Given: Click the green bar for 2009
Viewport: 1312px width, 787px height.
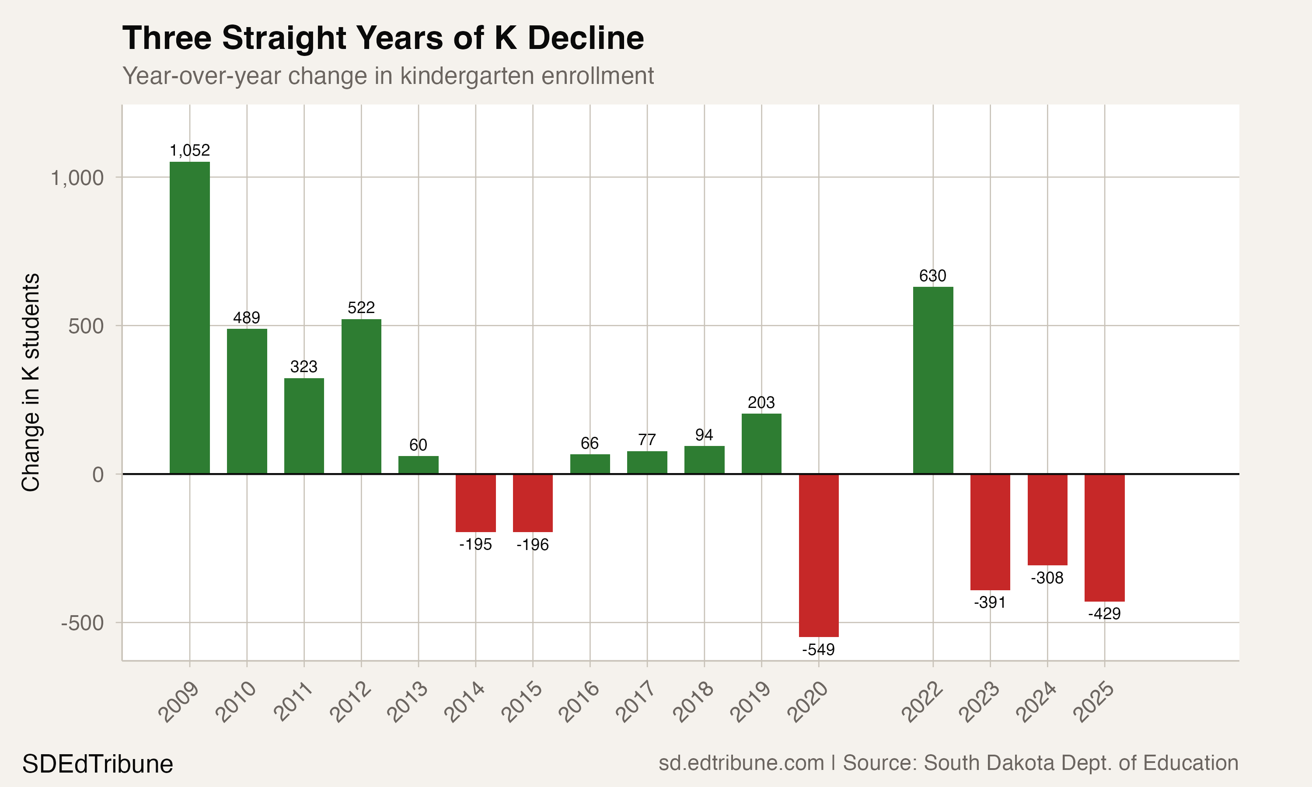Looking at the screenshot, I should [x=189, y=318].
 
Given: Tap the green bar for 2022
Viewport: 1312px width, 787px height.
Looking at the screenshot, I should [x=933, y=380].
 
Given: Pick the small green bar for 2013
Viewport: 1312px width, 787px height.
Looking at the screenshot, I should [x=419, y=465].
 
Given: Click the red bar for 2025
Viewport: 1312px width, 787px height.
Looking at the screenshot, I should [x=1104, y=537].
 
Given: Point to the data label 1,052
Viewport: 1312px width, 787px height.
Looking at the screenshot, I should [x=189, y=150].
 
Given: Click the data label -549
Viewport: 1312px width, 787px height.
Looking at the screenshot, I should [x=818, y=650].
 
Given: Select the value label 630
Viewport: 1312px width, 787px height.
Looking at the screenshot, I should [x=932, y=276].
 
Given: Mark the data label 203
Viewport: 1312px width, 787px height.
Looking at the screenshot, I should [x=761, y=403].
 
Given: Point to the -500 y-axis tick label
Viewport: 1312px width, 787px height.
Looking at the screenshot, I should [x=82, y=623].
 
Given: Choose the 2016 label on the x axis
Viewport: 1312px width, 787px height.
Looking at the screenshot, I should [x=579, y=702].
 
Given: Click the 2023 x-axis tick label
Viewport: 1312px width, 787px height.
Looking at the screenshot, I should [x=980, y=702].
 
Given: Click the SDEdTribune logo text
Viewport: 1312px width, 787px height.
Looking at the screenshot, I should [x=98, y=764].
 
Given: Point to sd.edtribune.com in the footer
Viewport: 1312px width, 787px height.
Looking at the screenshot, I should [x=741, y=763].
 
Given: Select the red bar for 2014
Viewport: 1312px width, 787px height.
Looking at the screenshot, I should [x=476, y=503].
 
